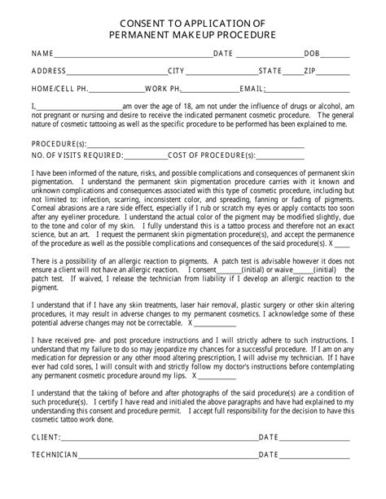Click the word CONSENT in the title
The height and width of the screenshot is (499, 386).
coord(143,22)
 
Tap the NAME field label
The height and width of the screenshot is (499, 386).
coord(42,54)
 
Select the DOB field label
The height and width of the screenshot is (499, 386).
coord(312,54)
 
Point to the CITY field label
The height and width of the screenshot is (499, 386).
coord(177,71)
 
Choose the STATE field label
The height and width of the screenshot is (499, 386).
coord(270,71)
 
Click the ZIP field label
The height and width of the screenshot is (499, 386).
coord(309,71)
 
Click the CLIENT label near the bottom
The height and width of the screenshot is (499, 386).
coord(46,437)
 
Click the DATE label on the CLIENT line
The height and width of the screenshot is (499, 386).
coord(269,437)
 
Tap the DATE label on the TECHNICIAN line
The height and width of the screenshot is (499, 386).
coord(269,455)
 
